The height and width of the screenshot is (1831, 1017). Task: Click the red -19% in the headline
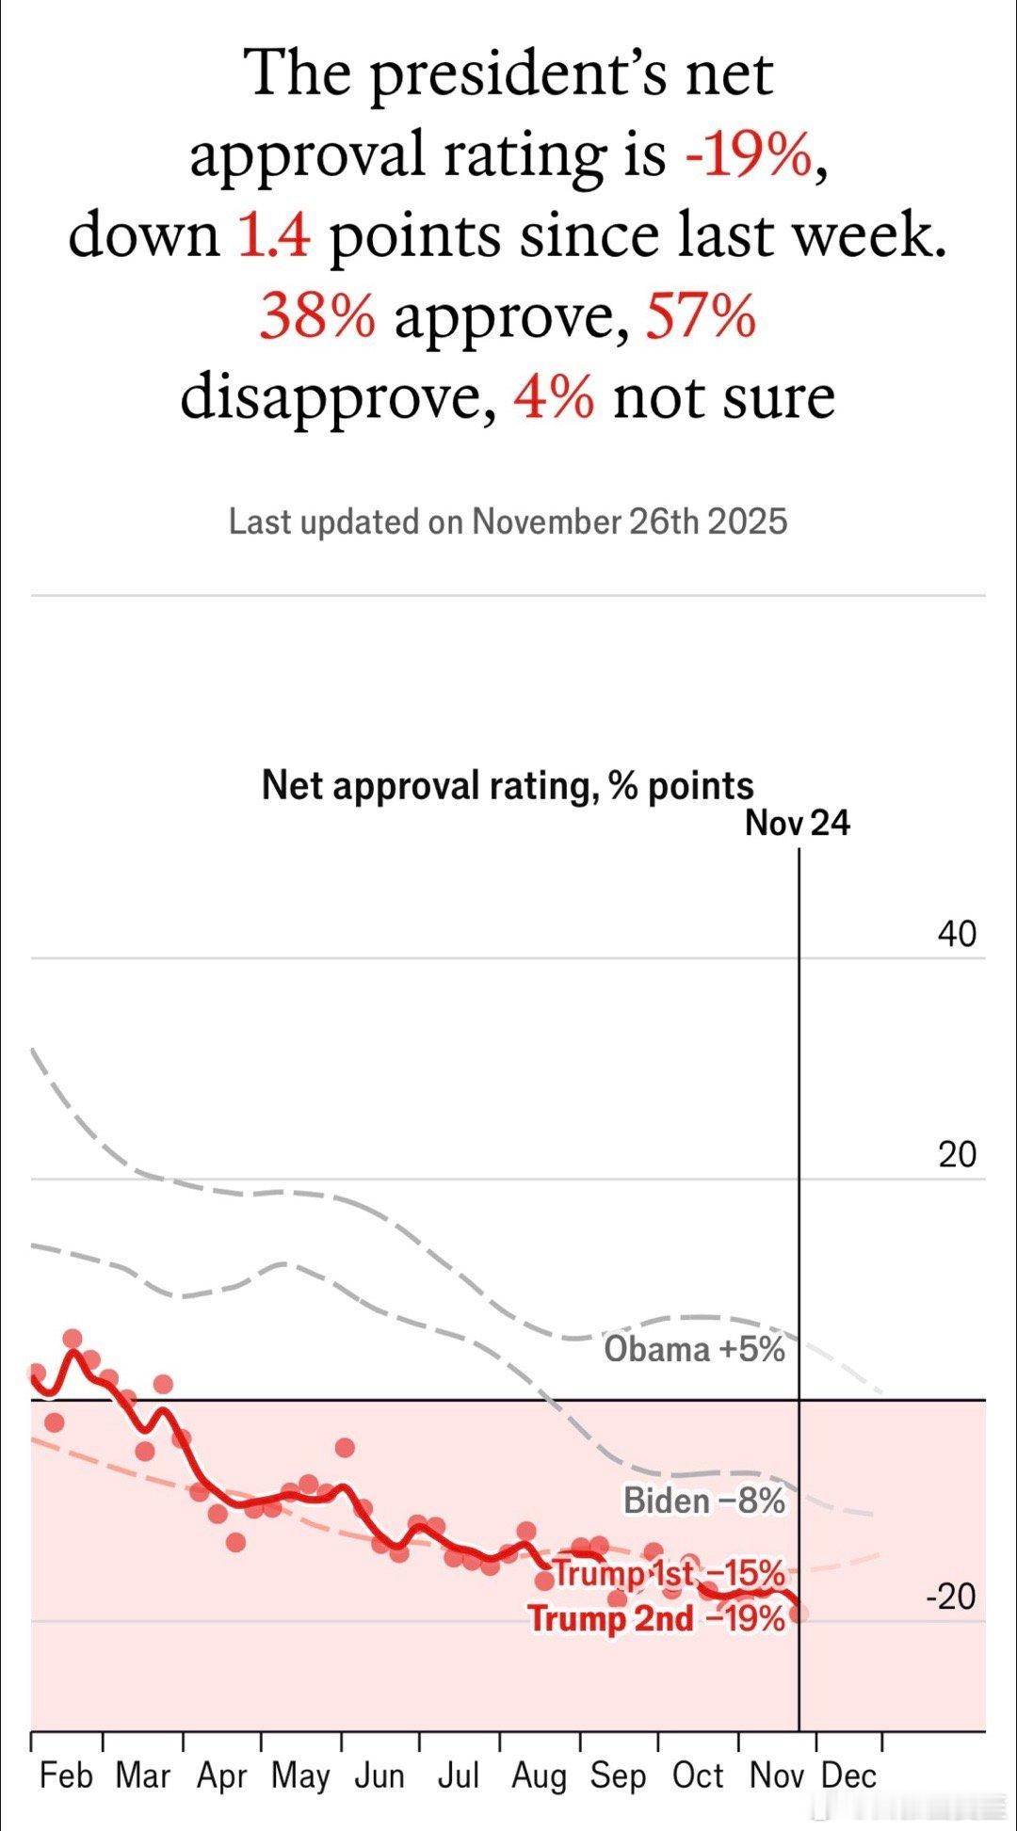tap(750, 155)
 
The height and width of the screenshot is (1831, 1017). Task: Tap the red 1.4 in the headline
tap(273, 235)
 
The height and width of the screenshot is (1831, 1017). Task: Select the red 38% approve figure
tap(317, 316)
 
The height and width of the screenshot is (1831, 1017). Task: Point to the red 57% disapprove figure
tap(701, 316)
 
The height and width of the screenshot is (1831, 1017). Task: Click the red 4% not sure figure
tap(554, 397)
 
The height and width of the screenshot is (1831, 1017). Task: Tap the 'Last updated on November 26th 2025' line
tap(508, 522)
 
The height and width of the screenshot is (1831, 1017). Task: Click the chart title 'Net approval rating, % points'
tap(508, 785)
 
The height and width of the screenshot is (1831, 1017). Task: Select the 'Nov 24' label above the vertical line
tap(797, 824)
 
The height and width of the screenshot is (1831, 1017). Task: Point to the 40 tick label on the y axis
tap(957, 935)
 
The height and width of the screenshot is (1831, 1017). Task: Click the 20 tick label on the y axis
tap(957, 1155)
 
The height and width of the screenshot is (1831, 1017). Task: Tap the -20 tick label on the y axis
tap(951, 1598)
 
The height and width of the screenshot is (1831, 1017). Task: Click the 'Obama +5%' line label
tap(694, 1350)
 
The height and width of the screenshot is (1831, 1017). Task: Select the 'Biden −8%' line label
tap(704, 1501)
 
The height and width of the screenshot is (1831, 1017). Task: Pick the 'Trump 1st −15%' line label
tap(669, 1573)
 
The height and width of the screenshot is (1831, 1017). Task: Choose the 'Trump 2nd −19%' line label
tap(656, 1619)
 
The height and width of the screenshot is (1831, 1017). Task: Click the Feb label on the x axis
tap(66, 1776)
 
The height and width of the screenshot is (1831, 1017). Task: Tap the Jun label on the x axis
tap(379, 1776)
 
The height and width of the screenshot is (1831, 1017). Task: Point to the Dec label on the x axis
tap(848, 1776)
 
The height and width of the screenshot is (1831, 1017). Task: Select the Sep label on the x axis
tap(618, 1776)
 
